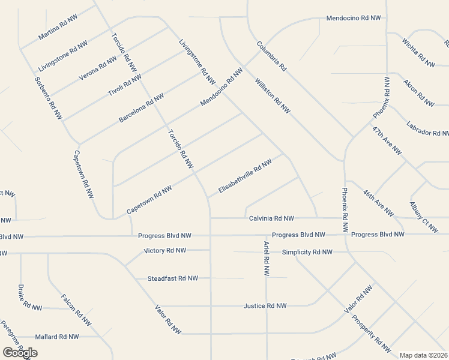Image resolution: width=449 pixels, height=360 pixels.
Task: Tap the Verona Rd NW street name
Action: pyautogui.click(x=98, y=68)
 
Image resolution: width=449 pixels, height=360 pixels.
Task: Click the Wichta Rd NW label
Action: pyautogui.click(x=418, y=52)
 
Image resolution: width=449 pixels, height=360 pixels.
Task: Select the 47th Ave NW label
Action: pyautogui.click(x=387, y=140)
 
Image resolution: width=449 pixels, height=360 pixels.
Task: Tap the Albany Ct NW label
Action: pyautogui.click(x=424, y=217)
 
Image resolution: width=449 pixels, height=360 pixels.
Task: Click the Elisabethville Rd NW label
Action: pyautogui.click(x=246, y=175)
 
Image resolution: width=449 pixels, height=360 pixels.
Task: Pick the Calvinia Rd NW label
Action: pyautogui.click(x=271, y=218)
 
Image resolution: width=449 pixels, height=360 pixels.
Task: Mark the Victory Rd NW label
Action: pyautogui.click(x=165, y=250)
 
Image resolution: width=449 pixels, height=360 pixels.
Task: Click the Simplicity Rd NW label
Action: pyautogui.click(x=307, y=252)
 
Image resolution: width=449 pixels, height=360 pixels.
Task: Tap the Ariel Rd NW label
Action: pyautogui.click(x=266, y=259)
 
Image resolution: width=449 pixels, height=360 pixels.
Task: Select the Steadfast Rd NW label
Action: pyautogui.click(x=173, y=278)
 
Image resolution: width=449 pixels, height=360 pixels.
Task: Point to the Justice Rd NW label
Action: pyautogui.click(x=265, y=306)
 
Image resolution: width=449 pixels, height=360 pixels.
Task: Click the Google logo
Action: pyautogui.click(x=20, y=353)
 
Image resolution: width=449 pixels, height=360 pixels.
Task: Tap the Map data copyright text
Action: pyautogui.click(x=423, y=355)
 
